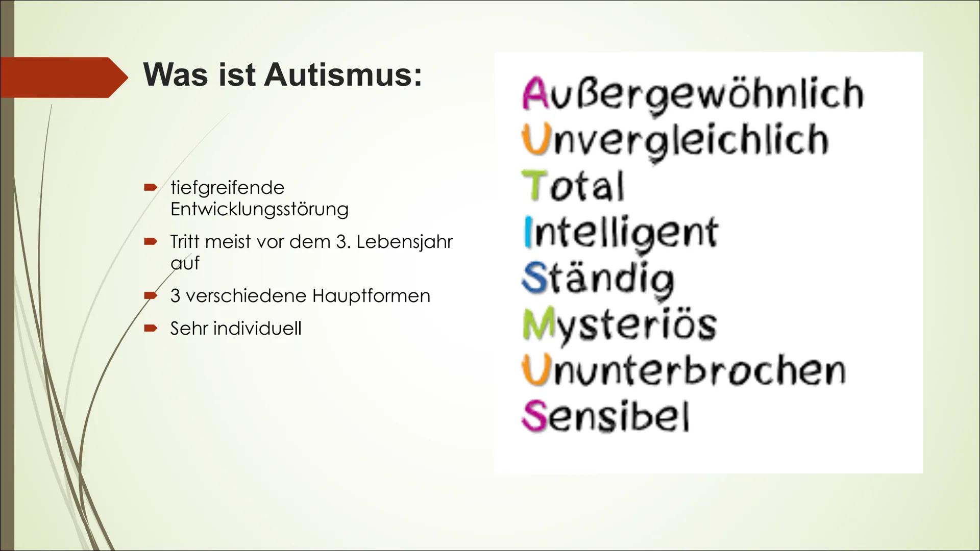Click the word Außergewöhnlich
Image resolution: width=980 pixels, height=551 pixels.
point(692,94)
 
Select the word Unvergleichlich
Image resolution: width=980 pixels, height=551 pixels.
point(675,140)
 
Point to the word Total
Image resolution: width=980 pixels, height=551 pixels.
point(572,186)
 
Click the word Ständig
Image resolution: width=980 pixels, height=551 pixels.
point(598,279)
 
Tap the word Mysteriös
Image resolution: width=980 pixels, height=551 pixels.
point(620,325)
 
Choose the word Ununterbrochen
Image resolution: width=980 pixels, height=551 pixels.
point(683,371)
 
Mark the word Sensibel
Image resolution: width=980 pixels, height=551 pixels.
point(605,417)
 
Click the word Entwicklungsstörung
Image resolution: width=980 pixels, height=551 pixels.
point(259,209)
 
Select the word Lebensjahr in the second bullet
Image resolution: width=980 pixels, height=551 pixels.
point(404,241)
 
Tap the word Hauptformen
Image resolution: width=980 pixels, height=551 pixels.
point(371,295)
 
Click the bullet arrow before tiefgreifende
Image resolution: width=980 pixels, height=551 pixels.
point(150,188)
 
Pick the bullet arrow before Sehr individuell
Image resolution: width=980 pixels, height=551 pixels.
point(150,329)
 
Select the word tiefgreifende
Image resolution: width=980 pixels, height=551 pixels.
point(227,187)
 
